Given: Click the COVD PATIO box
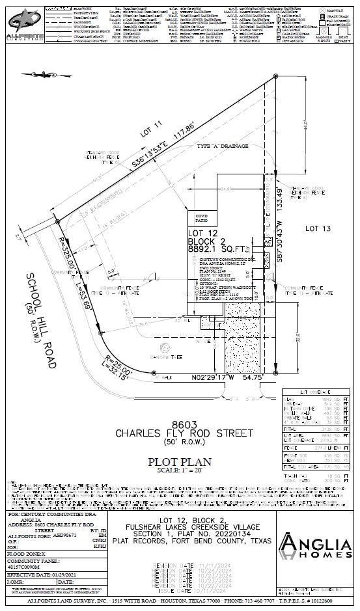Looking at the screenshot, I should point(201,219).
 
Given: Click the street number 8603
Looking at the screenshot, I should point(180,423).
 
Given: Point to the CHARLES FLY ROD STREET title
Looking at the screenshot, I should point(180,432).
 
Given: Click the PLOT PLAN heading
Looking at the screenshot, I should point(180,462).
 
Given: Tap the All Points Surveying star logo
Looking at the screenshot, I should point(20,18).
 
